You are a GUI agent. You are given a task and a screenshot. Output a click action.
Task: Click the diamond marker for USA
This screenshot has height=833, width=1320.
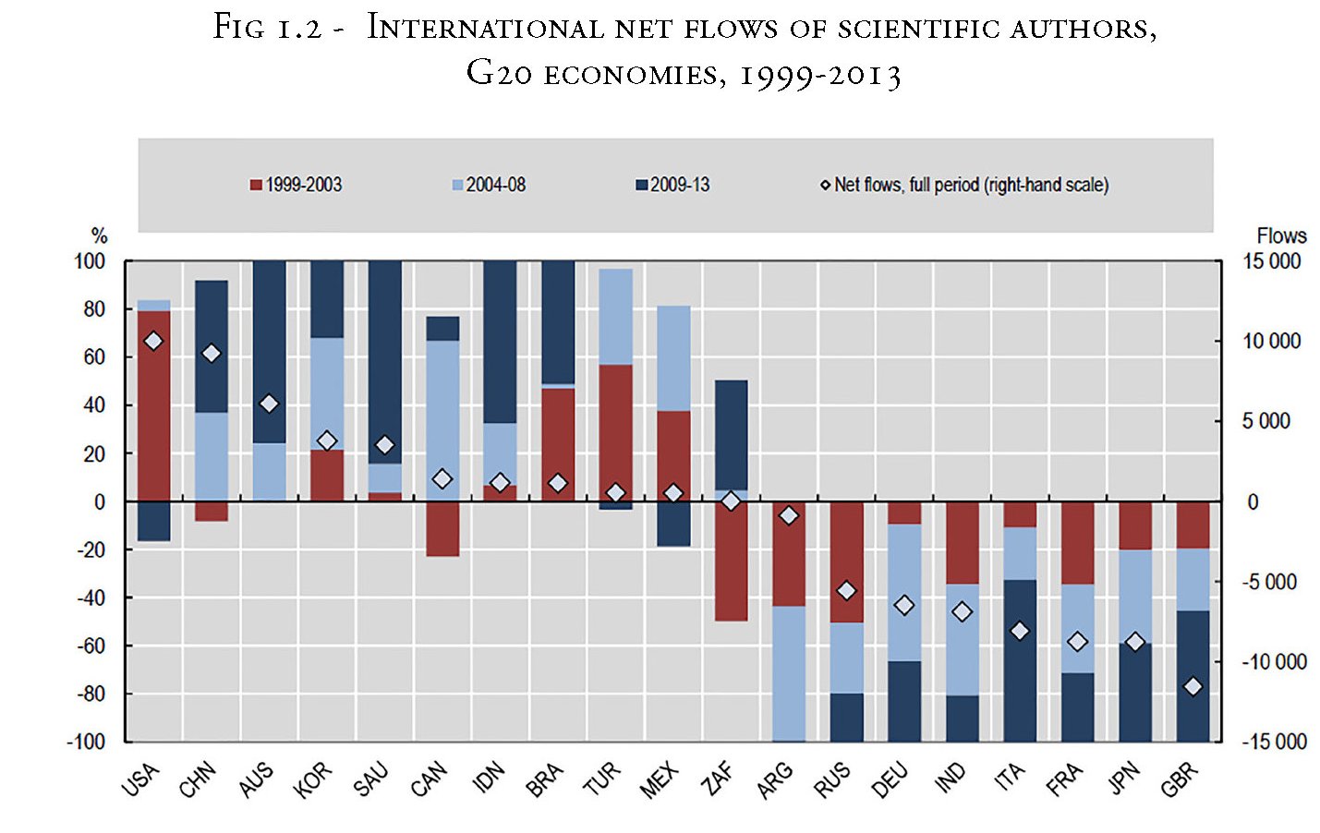click(154, 342)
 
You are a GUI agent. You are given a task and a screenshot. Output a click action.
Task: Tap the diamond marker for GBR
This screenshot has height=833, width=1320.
click(1193, 686)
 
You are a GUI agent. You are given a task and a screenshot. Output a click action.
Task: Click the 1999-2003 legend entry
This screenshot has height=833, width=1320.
click(296, 185)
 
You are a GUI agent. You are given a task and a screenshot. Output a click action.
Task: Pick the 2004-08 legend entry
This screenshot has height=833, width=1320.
click(489, 185)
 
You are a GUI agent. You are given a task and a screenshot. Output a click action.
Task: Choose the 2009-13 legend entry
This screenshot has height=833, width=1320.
click(672, 185)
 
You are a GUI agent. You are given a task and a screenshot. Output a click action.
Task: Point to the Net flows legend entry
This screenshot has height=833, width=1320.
click(964, 185)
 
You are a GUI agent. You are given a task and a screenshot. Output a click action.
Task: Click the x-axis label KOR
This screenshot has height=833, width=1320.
click(312, 780)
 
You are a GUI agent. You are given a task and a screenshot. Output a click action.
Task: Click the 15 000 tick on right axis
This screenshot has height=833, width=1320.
click(1271, 261)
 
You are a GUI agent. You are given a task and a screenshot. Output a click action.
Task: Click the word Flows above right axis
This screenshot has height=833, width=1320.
click(1281, 235)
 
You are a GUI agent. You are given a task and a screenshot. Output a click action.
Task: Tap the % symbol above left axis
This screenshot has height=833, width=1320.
click(99, 235)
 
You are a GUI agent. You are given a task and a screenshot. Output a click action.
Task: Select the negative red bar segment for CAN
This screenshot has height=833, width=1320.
click(442, 529)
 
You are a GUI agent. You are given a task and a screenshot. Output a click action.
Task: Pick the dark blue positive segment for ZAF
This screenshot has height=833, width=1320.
click(732, 434)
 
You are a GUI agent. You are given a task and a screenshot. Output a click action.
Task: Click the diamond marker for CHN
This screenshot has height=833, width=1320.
click(212, 354)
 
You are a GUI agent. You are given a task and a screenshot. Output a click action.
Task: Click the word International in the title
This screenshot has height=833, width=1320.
click(484, 28)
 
